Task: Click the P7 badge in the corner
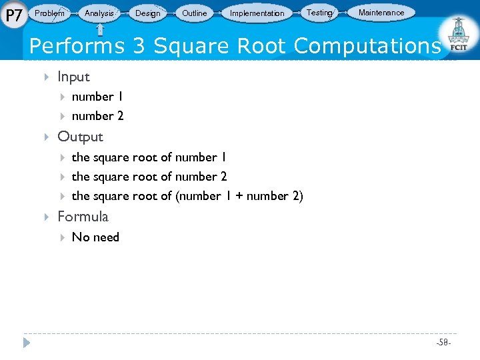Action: [13, 13]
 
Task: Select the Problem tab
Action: [50, 13]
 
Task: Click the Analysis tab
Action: [99, 13]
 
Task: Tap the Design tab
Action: [147, 13]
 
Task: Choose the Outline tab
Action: [195, 13]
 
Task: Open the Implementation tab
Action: [257, 13]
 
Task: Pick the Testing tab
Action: [319, 13]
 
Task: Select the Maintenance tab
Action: [381, 13]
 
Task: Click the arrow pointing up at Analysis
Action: [100, 29]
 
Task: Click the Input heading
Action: [73, 77]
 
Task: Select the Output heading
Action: [80, 137]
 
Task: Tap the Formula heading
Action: [83, 217]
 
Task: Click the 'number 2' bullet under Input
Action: [97, 116]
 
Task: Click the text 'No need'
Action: [95, 237]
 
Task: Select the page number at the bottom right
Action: [443, 343]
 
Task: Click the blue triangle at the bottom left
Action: [27, 343]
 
